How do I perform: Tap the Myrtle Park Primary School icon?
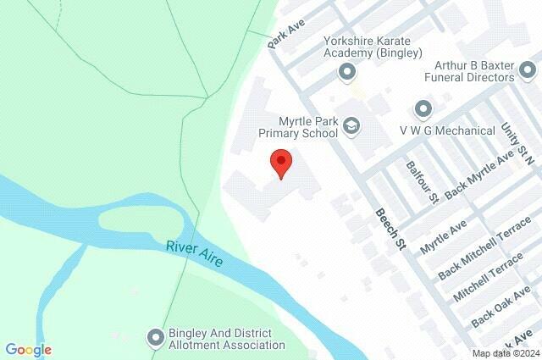[x=351, y=128]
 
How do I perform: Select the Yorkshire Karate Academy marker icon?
[x=346, y=73]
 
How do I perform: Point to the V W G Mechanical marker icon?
[x=423, y=109]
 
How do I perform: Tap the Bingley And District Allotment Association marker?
[x=155, y=338]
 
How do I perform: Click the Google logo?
[x=28, y=349]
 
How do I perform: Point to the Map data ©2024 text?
[x=505, y=353]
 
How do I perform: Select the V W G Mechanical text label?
[x=447, y=130]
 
